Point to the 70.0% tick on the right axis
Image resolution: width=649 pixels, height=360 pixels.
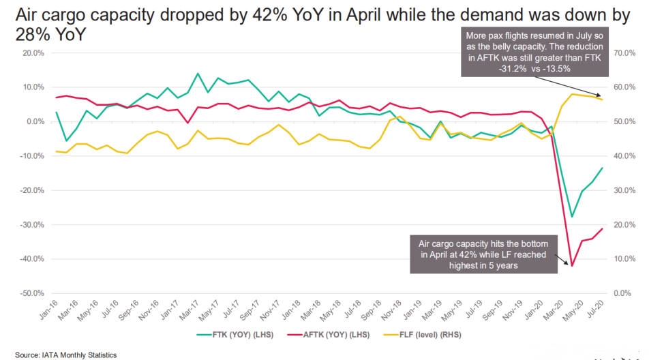[x=624, y=52]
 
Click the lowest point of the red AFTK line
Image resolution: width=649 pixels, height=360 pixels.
[x=571, y=265]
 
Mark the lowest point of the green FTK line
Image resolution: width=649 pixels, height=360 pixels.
[x=572, y=217]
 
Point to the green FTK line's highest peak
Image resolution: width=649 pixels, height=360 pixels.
[x=197, y=74]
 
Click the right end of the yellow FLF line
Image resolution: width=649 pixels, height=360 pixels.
[x=602, y=100]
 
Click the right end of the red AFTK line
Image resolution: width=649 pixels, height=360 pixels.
[x=602, y=228]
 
